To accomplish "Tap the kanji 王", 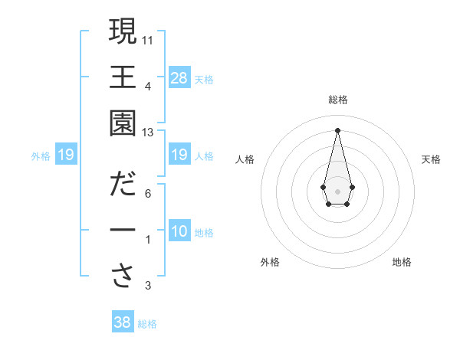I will (123, 77).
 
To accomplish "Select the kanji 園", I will (123, 123).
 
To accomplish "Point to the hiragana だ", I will (123, 184).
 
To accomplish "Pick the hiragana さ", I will (123, 277).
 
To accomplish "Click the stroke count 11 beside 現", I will (148, 38).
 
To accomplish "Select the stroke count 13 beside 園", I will (148, 133).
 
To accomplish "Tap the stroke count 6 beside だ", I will (148, 193).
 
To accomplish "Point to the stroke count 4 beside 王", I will (148, 85).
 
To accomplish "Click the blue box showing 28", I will (179, 77).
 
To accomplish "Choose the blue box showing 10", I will (179, 231).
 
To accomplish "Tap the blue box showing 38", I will (123, 322).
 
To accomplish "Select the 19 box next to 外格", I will (65, 155).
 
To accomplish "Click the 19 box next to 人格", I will (179, 155).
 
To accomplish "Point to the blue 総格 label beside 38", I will (147, 324).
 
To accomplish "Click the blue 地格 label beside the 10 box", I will (204, 233).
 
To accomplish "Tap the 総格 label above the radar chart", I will (337, 100).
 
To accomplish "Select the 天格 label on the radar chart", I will (431, 159).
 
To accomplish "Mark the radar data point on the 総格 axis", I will (337, 129).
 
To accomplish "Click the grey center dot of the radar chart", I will (337, 190).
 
